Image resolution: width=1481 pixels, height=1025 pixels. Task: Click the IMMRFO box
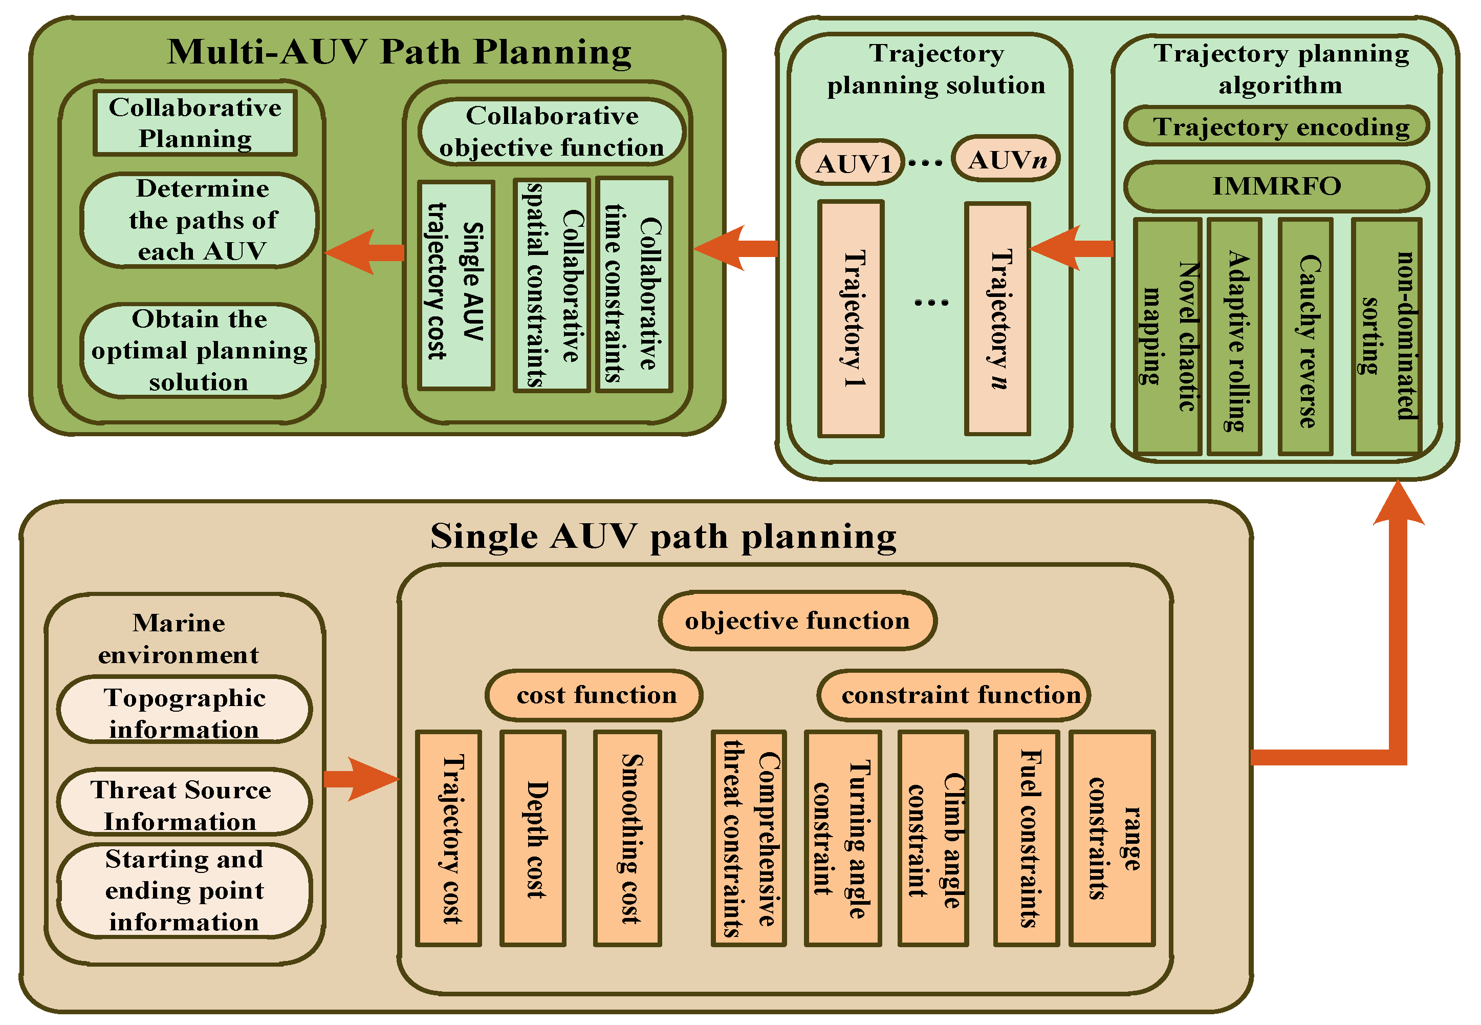(x=1276, y=186)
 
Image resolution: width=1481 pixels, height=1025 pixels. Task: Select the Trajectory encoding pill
(x=1276, y=126)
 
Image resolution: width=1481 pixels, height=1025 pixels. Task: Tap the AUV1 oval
(x=851, y=162)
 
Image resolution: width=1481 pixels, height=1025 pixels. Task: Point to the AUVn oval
(x=1005, y=159)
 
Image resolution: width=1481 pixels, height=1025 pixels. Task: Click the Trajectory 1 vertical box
(x=851, y=318)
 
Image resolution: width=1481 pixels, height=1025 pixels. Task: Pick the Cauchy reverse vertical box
(x=1305, y=337)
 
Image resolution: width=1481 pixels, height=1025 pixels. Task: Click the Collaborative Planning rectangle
(x=195, y=123)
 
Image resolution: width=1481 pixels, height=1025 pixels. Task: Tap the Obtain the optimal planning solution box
(x=199, y=351)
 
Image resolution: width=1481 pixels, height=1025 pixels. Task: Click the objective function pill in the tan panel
(x=797, y=621)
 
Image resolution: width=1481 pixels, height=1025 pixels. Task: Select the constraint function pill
(x=954, y=695)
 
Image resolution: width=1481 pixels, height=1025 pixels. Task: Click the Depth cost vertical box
(x=533, y=838)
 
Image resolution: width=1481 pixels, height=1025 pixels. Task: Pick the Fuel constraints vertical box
(x=1027, y=838)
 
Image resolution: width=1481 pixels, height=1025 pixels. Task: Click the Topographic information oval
(x=184, y=710)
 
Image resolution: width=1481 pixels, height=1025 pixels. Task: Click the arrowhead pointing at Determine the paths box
(x=350, y=252)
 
